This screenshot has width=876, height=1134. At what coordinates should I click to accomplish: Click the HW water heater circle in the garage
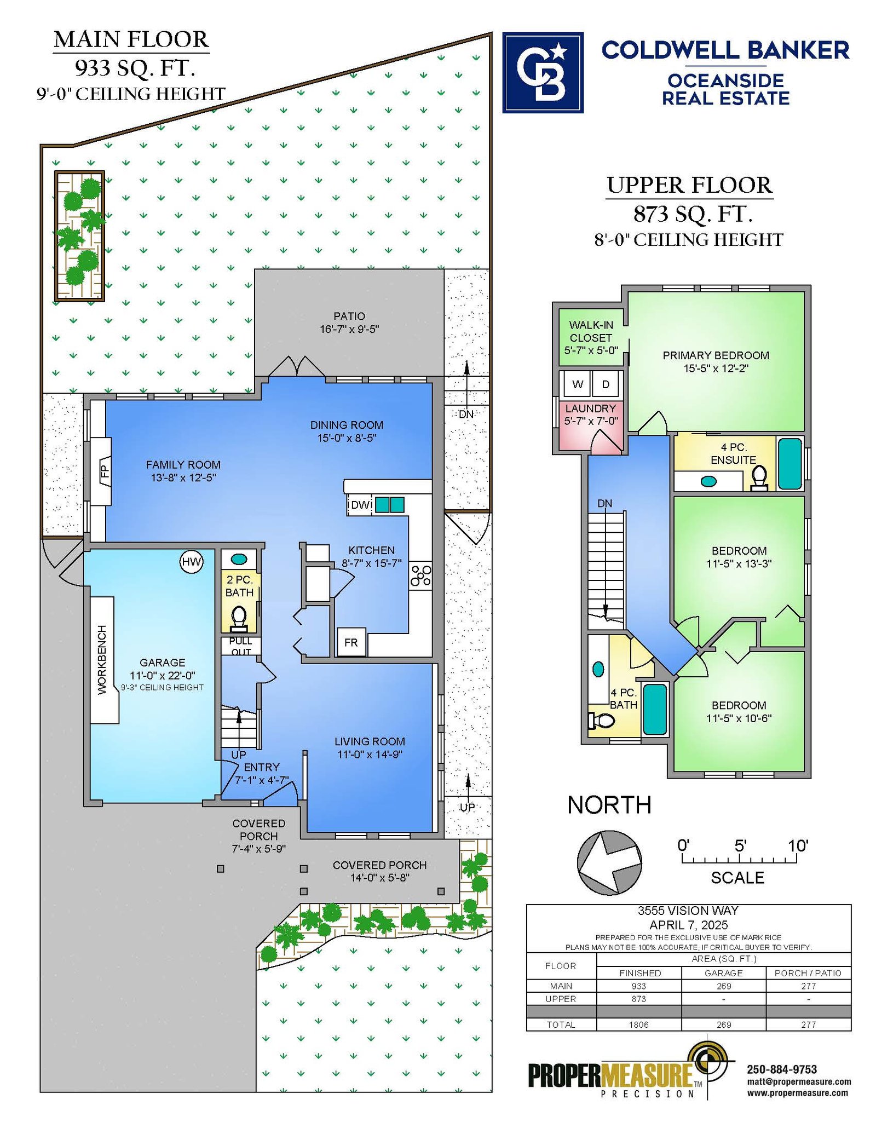pyautogui.click(x=192, y=562)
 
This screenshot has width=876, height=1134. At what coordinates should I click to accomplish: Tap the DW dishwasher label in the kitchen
pyautogui.click(x=360, y=505)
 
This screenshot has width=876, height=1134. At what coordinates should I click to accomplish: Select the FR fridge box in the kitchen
pyautogui.click(x=351, y=642)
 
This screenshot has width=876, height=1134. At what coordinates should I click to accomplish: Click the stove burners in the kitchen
pyautogui.click(x=420, y=575)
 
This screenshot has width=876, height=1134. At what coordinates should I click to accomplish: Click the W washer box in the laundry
pyautogui.click(x=577, y=384)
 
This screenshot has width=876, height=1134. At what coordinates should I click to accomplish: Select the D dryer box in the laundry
pyautogui.click(x=606, y=384)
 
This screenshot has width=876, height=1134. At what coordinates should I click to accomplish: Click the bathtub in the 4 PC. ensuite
pyautogui.click(x=789, y=464)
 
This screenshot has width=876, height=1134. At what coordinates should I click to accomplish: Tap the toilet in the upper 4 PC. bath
pyautogui.click(x=601, y=721)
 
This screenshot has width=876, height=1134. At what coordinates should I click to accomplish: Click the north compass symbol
pyautogui.click(x=609, y=863)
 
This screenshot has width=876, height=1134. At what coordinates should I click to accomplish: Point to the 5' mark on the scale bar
pyautogui.click(x=740, y=846)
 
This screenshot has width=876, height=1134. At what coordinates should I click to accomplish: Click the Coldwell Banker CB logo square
pyautogui.click(x=543, y=72)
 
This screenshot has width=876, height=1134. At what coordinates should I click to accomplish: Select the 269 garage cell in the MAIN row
pyautogui.click(x=724, y=986)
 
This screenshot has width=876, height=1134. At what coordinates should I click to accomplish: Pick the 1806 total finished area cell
pyautogui.click(x=639, y=1024)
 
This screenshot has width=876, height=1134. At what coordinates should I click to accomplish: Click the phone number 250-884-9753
pyautogui.click(x=782, y=1069)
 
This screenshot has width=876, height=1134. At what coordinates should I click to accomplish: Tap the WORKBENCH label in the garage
pyautogui.click(x=102, y=660)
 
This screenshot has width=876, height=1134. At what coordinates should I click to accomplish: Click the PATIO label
pyautogui.click(x=349, y=316)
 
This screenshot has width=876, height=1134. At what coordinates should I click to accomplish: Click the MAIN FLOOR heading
pyautogui.click(x=131, y=39)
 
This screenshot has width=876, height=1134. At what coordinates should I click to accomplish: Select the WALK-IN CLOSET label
pyautogui.click(x=591, y=331)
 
